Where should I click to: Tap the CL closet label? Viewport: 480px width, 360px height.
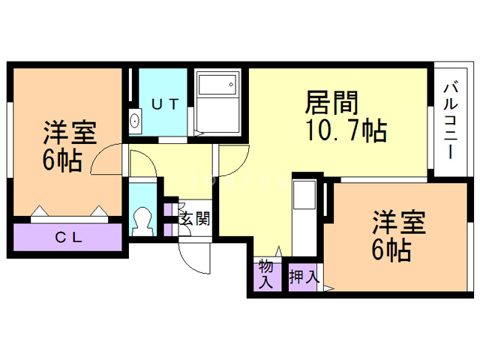click(x=68, y=238)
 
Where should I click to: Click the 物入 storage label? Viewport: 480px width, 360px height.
click(x=265, y=274)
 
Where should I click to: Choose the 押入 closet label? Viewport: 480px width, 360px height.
click(x=304, y=276)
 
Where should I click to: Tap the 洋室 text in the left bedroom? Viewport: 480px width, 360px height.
click(x=70, y=134)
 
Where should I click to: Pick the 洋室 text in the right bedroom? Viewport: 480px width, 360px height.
click(x=400, y=223)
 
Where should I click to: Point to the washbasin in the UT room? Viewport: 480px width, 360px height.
click(x=135, y=121)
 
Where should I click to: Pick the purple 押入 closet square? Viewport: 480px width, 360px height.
click(x=304, y=276)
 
